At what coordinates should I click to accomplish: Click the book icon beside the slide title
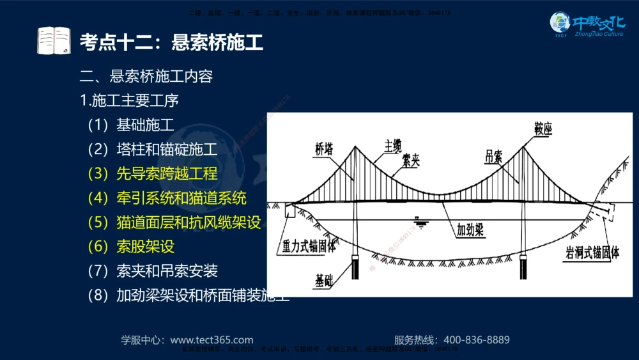pos(54,42)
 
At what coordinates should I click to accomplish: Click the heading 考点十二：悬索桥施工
pos(171,43)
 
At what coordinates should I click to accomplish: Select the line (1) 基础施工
pos(131,125)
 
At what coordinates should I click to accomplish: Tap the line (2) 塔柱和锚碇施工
pos(153,150)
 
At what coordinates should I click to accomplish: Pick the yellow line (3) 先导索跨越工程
pos(153,173)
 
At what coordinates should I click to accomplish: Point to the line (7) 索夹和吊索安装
pos(153,270)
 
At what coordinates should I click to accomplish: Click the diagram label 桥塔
pos(324,150)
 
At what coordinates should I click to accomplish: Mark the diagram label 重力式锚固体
pos(309,247)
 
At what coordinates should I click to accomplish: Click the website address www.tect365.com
pos(212,340)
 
